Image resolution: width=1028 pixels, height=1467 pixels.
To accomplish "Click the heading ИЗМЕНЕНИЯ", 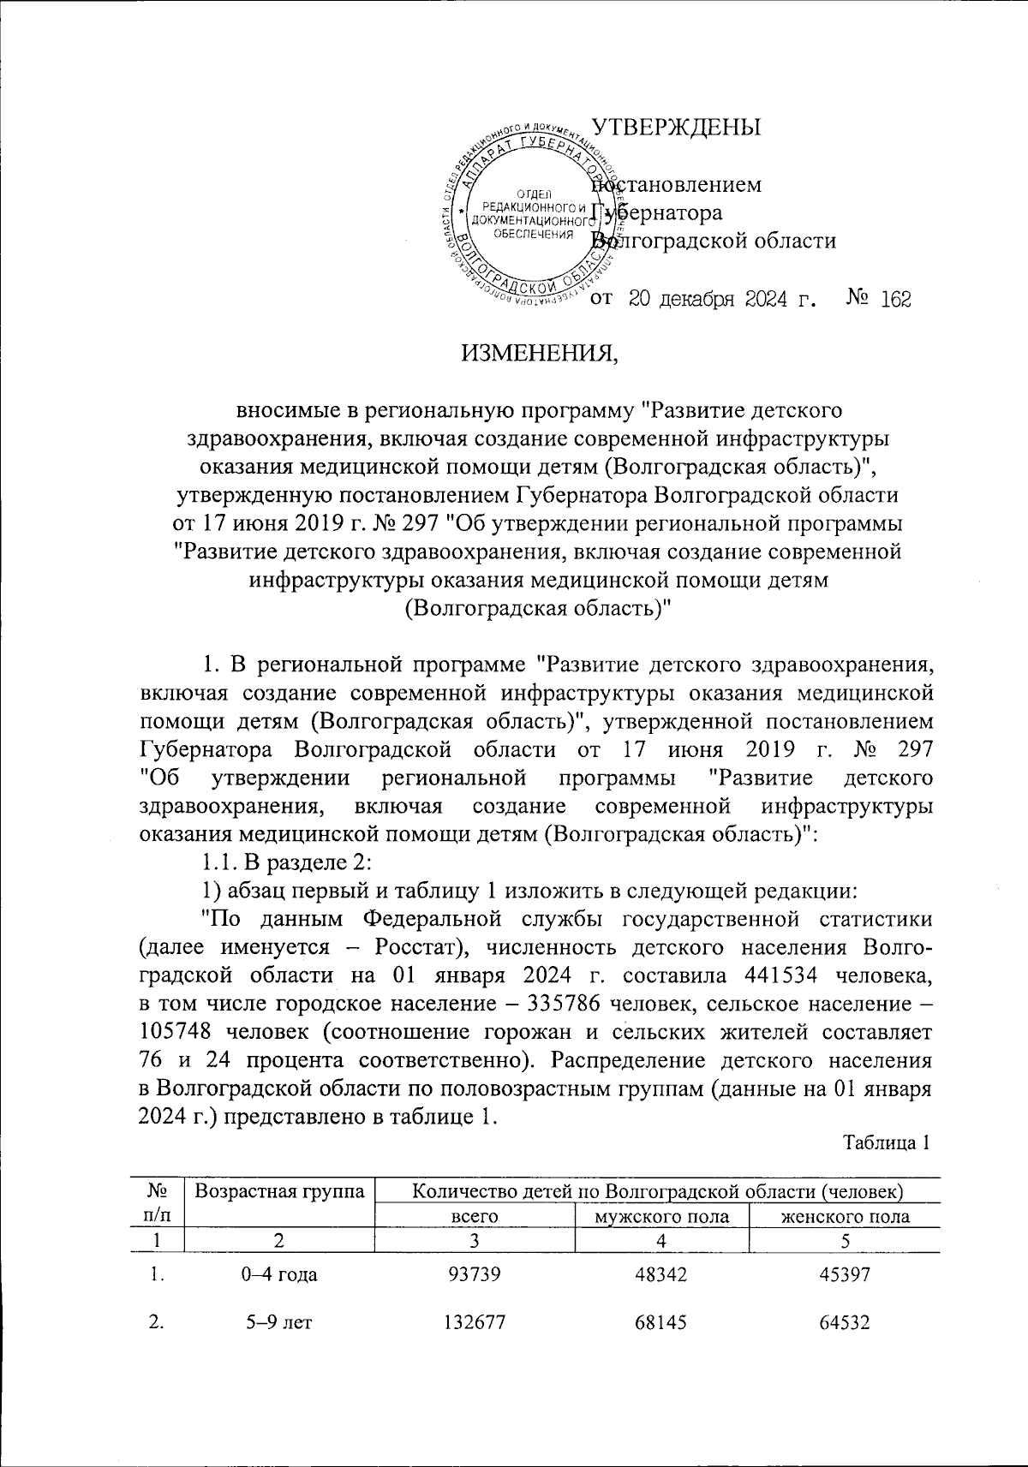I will pos(539,351).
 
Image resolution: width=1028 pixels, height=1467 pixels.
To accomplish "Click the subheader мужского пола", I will pos(661,1216).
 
